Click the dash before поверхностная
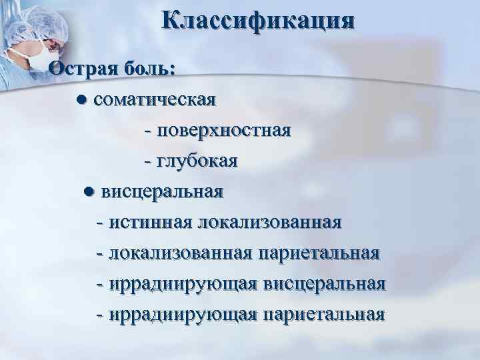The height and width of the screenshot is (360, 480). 147,131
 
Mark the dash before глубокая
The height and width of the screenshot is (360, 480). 147,162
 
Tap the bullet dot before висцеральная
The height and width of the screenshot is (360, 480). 88,193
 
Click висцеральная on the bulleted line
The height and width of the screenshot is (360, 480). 162,192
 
